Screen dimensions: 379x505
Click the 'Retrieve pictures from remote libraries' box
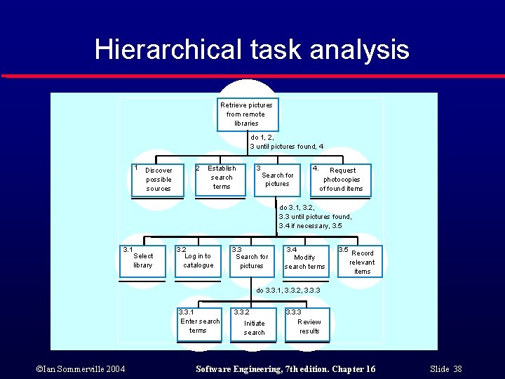pos(247,114)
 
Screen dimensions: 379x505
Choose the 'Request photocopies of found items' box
pos(341,180)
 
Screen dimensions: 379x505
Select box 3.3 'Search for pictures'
pos(251,261)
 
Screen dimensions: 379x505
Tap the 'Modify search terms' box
pos(304,261)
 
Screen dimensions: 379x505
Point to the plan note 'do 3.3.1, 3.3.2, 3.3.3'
pos(288,290)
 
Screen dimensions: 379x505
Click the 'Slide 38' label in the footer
pos(447,369)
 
